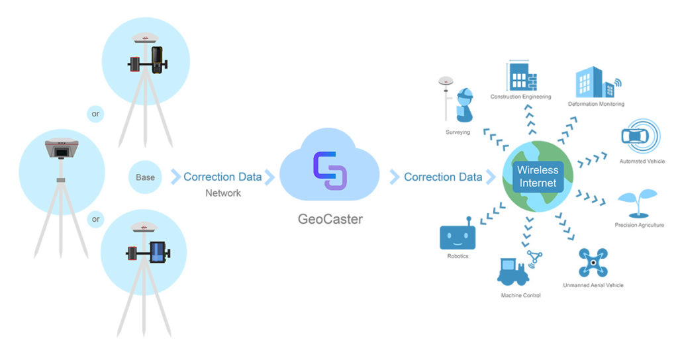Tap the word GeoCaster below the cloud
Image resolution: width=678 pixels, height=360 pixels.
click(330, 219)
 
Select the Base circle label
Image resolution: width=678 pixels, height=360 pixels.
click(145, 177)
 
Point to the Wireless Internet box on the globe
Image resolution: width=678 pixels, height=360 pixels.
click(538, 177)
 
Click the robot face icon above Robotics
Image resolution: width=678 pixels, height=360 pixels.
click(458, 235)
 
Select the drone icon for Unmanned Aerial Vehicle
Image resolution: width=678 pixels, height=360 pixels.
click(593, 263)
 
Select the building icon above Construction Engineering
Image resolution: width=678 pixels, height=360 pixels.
click(521, 77)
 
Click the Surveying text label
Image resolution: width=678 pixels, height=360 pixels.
click(458, 132)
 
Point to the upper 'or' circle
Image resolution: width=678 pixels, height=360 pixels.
click(96, 113)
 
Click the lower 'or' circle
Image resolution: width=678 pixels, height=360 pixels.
click(96, 219)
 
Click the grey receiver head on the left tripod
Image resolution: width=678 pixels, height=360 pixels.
click(61, 150)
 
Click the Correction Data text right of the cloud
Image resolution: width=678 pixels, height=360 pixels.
click(442, 177)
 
